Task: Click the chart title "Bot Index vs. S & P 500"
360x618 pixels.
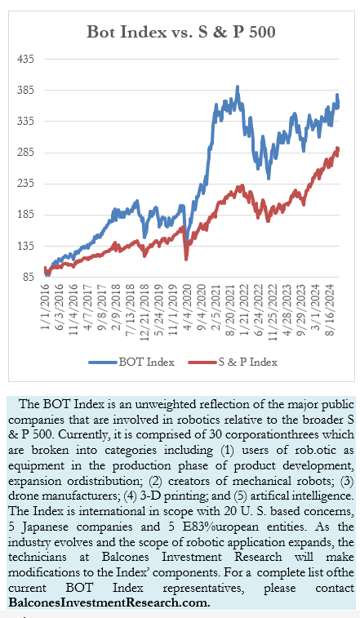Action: coord(181,32)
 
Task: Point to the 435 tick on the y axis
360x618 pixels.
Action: coord(26,59)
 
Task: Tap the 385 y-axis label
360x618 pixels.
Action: coord(26,91)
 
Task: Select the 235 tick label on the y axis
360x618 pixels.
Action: coord(26,184)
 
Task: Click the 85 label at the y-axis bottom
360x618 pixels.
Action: coord(29,277)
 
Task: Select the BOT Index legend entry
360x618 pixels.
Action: coord(131,362)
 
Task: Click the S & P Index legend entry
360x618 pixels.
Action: coord(233,362)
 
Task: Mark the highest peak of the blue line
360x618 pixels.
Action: coord(237,87)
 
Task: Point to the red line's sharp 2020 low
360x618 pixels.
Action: coord(186,259)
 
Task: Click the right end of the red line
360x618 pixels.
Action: coord(338,149)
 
